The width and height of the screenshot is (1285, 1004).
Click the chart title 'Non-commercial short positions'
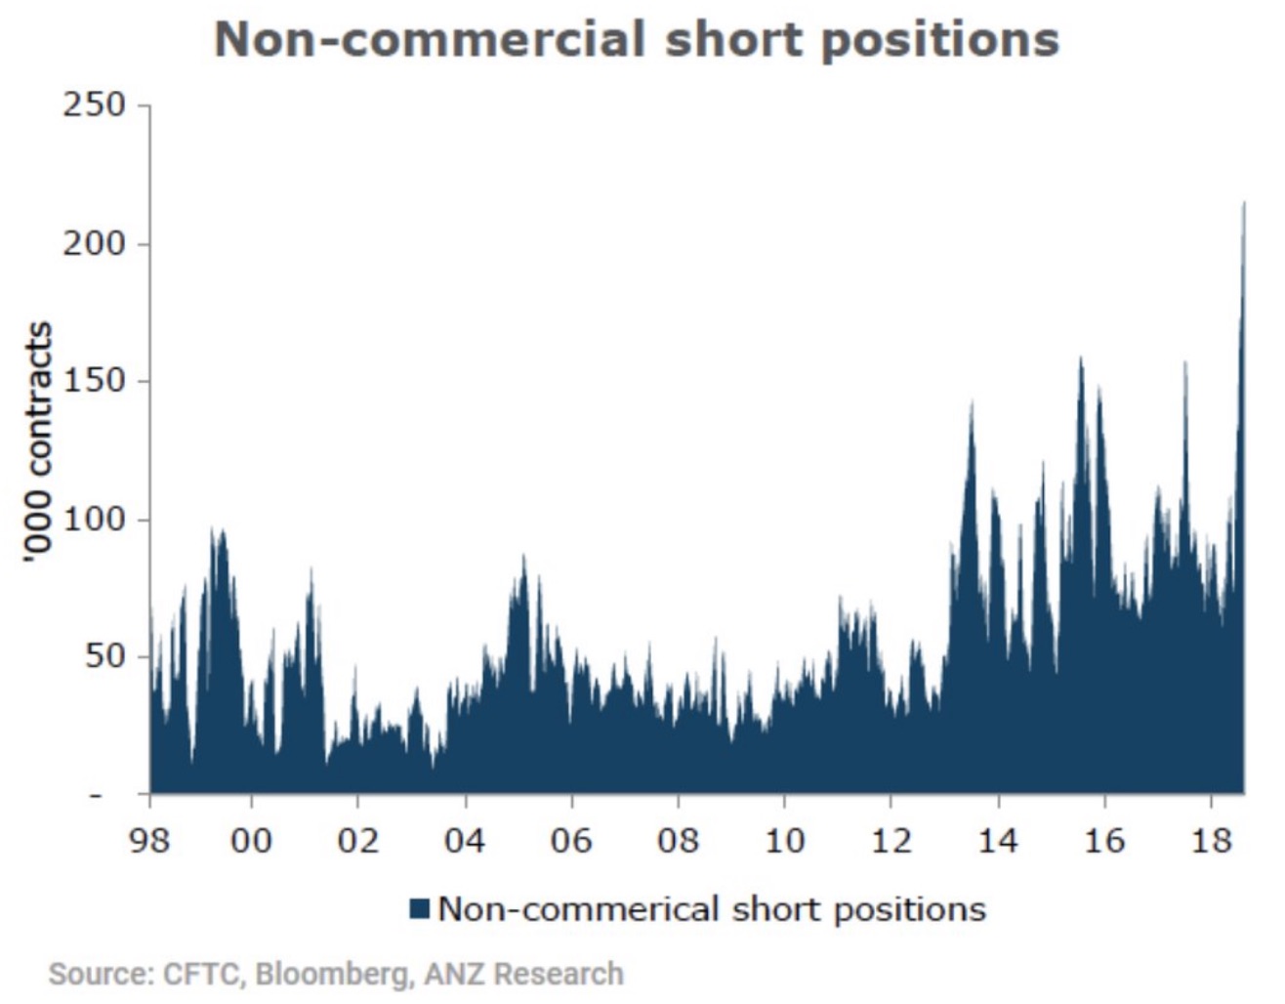[637, 41]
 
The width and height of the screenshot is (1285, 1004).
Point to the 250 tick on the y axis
[95, 105]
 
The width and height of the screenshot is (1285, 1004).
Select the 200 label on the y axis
[95, 243]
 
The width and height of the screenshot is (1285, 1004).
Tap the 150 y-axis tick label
[95, 381]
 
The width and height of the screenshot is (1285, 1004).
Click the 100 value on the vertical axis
[95, 519]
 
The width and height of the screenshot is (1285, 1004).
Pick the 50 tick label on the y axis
[104, 656]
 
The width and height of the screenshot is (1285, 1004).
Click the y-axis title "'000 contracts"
[38, 441]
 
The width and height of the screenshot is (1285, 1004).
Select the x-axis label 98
[149, 840]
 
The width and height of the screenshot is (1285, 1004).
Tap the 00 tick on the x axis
[251, 840]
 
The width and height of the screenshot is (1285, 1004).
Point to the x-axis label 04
[465, 840]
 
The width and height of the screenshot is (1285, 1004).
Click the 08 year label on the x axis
[678, 840]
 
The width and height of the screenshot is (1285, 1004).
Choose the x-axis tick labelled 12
[891, 840]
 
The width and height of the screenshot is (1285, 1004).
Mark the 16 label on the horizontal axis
[1104, 840]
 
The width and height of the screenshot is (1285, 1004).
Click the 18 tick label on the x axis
[1211, 840]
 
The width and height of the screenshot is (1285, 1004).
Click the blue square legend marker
[420, 909]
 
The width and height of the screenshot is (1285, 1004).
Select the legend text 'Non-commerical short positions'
[712, 909]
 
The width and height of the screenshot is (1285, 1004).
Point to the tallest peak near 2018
[1244, 203]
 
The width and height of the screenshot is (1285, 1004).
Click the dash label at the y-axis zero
[95, 795]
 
